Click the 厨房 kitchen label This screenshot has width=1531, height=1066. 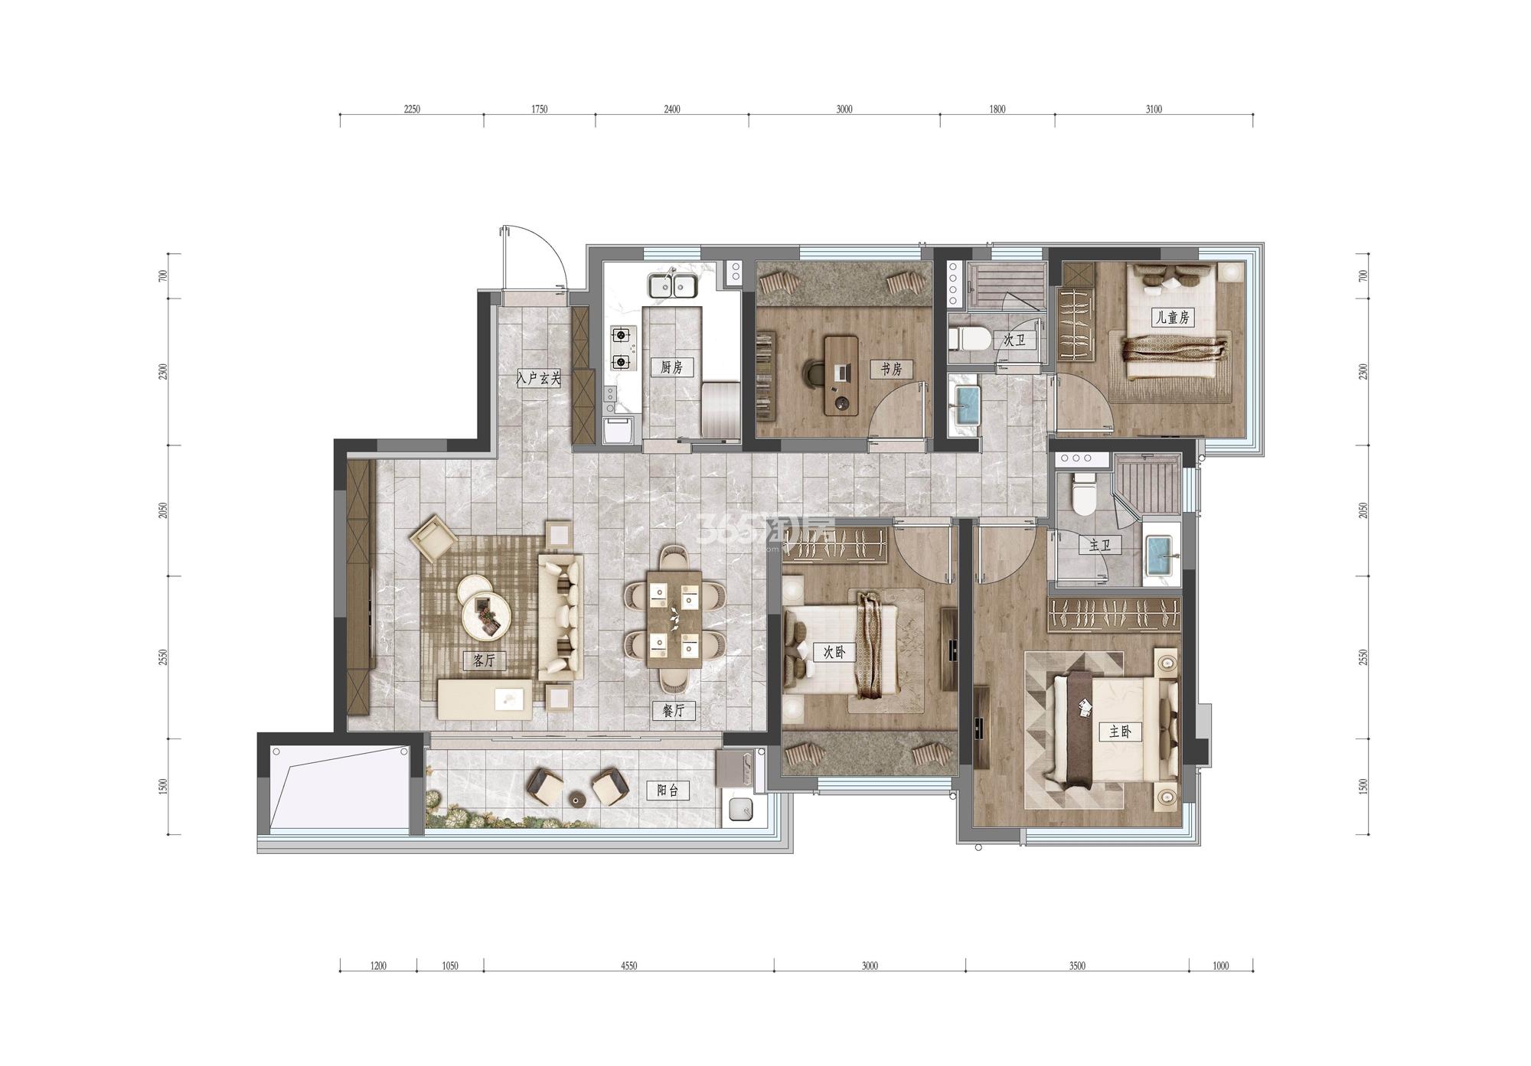[671, 367]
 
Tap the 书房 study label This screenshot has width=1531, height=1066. [890, 369]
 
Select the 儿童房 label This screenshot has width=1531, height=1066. [1172, 316]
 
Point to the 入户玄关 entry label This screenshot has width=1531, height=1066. [539, 378]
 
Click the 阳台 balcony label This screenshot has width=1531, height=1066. [668, 791]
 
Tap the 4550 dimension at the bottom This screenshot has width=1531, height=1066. [628, 966]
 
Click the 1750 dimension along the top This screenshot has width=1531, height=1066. [539, 109]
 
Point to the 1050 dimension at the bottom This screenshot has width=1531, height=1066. [450, 966]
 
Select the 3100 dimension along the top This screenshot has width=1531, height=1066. [1154, 109]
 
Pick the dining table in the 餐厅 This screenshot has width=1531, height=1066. [674, 619]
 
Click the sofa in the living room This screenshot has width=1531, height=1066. [561, 618]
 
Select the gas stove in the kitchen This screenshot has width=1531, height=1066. [624, 348]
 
